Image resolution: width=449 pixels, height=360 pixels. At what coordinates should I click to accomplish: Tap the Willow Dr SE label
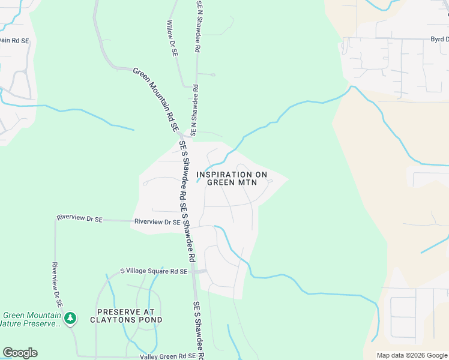click(x=172, y=38)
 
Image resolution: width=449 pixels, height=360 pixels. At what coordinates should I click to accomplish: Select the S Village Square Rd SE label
click(x=154, y=271)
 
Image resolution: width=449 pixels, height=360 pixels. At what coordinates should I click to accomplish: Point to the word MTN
click(x=255, y=182)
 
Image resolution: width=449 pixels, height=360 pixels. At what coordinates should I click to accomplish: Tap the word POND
click(x=151, y=320)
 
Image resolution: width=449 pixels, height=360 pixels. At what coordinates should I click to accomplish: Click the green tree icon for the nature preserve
click(x=71, y=317)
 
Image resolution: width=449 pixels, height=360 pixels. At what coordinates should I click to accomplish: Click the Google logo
click(x=20, y=352)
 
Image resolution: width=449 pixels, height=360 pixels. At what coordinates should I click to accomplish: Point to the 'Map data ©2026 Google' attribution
click(x=411, y=355)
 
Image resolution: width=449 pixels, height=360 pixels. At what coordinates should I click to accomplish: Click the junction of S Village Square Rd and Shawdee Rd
click(x=193, y=271)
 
